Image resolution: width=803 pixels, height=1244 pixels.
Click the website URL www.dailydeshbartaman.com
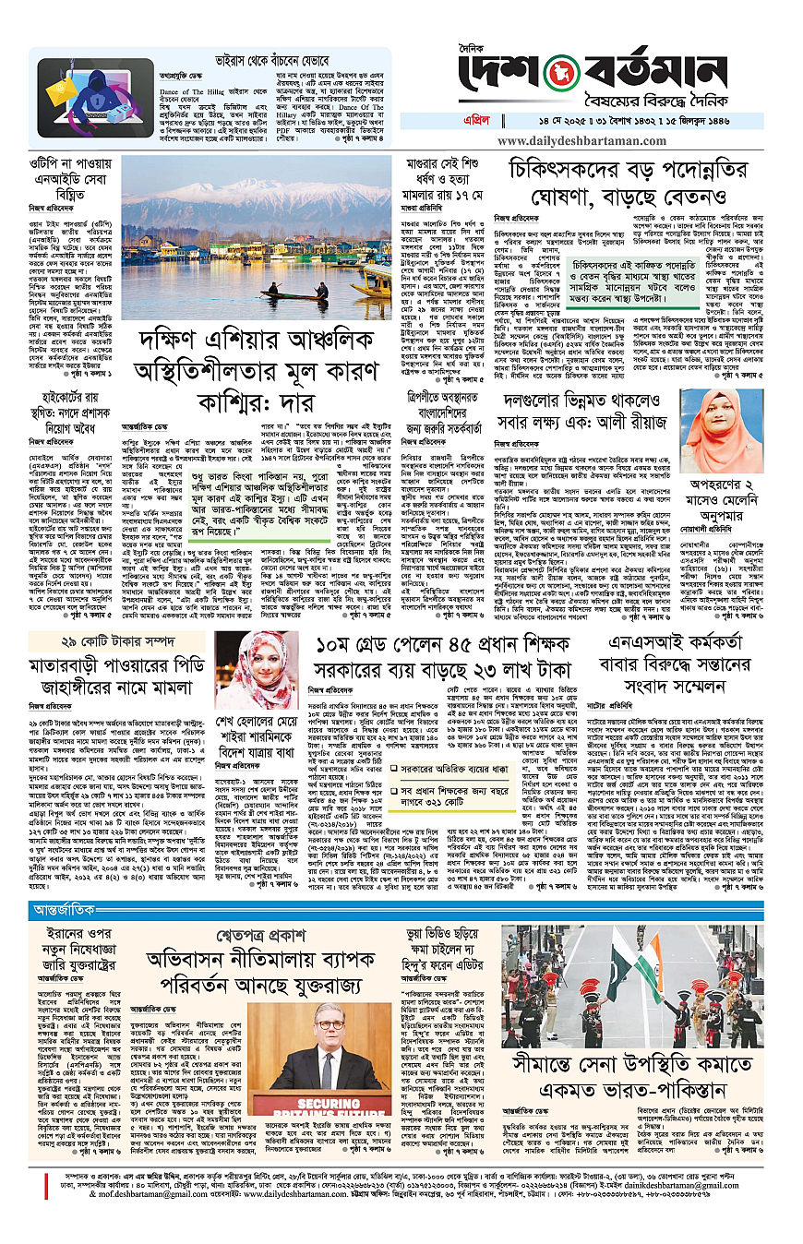pos(587,142)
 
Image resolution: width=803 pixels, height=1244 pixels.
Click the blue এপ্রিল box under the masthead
pos(483,120)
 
